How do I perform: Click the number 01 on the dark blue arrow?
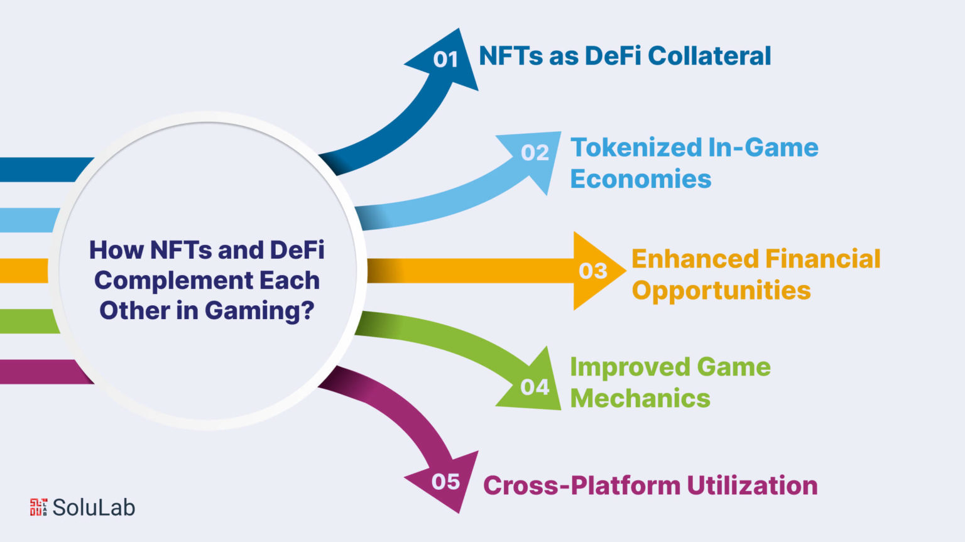(445, 59)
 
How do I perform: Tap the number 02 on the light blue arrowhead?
(535, 153)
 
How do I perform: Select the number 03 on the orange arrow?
(593, 271)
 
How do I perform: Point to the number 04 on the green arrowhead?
(535, 387)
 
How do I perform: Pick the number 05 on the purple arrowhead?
(445, 482)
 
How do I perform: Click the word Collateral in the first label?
(709, 56)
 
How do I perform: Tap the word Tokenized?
(636, 147)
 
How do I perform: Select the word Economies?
(641, 178)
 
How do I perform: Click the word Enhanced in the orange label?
(695, 259)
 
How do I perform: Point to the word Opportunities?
(721, 290)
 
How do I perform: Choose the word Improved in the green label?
(630, 367)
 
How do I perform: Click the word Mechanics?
(640, 398)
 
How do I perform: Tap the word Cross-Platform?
(582, 485)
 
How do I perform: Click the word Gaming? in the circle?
(259, 311)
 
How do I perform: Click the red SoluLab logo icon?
(38, 507)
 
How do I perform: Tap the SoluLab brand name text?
(94, 507)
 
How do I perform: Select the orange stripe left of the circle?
(24, 271)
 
